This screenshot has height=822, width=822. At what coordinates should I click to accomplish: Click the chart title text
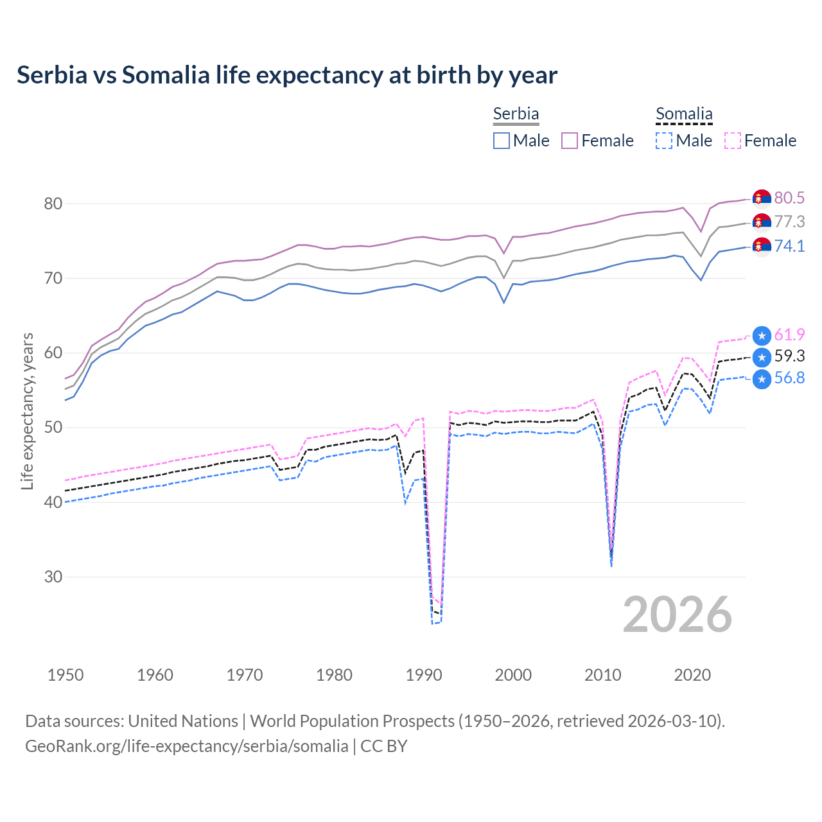pyautogui.click(x=286, y=75)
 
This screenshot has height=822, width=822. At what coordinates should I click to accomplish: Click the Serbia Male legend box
pyautogui.click(x=502, y=141)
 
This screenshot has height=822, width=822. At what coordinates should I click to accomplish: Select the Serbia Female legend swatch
pyautogui.click(x=570, y=141)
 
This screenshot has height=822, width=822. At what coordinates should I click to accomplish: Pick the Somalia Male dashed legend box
pyautogui.click(x=664, y=141)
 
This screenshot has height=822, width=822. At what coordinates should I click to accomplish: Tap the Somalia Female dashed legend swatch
pyautogui.click(x=732, y=141)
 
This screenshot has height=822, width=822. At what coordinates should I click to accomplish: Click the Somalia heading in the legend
pyautogui.click(x=684, y=114)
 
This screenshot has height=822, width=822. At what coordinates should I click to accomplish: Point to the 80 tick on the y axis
pyautogui.click(x=53, y=204)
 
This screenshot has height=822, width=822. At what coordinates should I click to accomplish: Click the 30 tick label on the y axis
pyautogui.click(x=53, y=577)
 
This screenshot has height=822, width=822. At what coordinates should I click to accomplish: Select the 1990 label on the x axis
pyautogui.click(x=424, y=675)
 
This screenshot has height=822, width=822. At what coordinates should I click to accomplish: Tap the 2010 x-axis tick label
pyautogui.click(x=602, y=675)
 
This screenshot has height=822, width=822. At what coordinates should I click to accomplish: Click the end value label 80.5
pyautogui.click(x=789, y=198)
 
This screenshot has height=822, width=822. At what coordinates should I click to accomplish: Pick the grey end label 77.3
pyautogui.click(x=789, y=222)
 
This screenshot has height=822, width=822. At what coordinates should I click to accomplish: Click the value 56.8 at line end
pyautogui.click(x=789, y=378)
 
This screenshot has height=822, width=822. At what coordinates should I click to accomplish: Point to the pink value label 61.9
pyautogui.click(x=789, y=335)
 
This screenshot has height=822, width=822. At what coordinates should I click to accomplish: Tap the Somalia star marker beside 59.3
pyautogui.click(x=762, y=357)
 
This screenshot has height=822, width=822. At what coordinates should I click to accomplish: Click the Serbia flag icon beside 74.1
pyautogui.click(x=762, y=246)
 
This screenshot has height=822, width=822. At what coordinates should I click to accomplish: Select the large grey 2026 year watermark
pyautogui.click(x=677, y=615)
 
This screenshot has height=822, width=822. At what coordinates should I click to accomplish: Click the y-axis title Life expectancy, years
pyautogui.click(x=28, y=411)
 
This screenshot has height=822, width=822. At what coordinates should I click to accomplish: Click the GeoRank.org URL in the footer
pyautogui.click(x=186, y=746)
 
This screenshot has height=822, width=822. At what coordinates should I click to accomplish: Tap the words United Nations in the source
pyautogui.click(x=183, y=721)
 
